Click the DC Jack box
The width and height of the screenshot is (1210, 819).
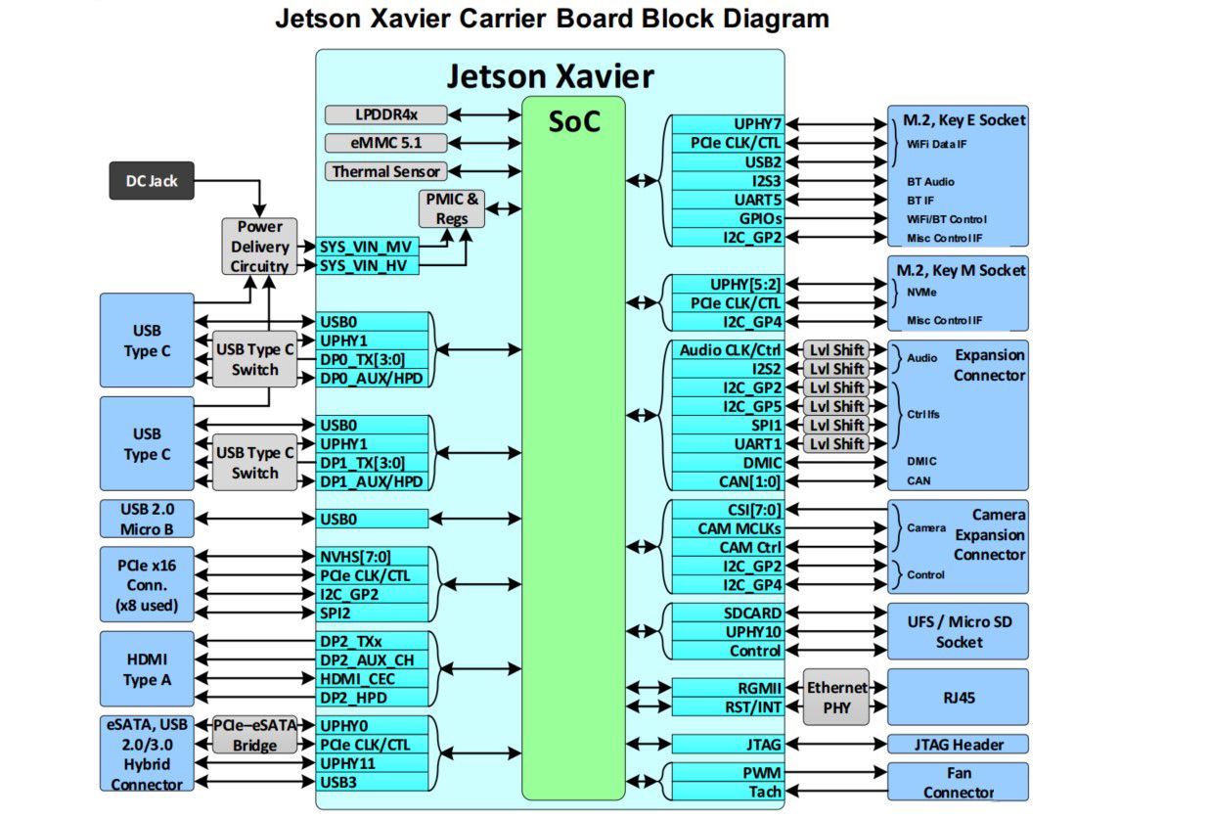coord(151,180)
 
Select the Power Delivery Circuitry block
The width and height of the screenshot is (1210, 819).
coord(259,246)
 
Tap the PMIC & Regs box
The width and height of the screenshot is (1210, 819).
coord(452,207)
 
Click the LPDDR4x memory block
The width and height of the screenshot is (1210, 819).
coord(385,114)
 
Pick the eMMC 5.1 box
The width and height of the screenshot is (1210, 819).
coord(385,143)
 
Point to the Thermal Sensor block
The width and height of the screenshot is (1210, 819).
coord(385,171)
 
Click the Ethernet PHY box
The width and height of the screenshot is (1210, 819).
coord(835,697)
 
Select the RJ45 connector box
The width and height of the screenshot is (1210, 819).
coord(958,698)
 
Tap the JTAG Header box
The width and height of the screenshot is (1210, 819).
coord(958,745)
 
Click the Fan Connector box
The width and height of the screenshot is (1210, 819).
coord(958,782)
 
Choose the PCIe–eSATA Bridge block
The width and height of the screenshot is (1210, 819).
coord(254,736)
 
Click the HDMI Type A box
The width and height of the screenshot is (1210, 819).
coord(147,669)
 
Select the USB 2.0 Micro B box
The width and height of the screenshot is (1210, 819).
coord(147,519)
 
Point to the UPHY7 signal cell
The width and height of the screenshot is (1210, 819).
coord(728,124)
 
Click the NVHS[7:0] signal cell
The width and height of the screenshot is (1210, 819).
coord(373,556)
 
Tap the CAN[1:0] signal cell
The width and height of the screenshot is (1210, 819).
coord(728,480)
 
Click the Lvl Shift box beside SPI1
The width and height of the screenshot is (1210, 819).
coord(836,425)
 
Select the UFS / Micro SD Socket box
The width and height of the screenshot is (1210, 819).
coord(958,631)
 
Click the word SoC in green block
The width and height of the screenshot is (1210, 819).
coord(573,122)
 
